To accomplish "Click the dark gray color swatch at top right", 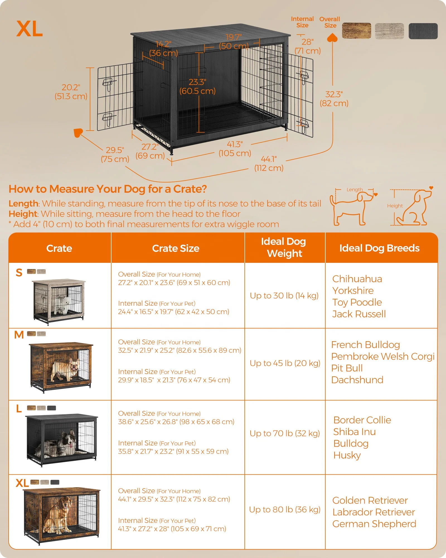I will tap(423, 31).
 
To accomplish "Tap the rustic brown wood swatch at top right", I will tap(356, 31).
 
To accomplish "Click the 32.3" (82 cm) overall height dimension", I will tap(334, 99).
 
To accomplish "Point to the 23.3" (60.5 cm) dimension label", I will tap(197, 86).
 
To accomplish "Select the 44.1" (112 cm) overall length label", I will tap(269, 163).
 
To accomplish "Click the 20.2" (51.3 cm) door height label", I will tap(71, 92).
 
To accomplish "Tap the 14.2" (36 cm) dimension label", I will tap(163, 49).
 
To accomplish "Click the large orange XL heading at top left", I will tap(30, 29).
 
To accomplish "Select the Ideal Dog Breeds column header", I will tap(379, 248).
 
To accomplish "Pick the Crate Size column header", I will tap(176, 248).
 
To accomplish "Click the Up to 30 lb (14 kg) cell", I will tap(284, 296).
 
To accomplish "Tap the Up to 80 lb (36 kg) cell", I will tap(285, 509).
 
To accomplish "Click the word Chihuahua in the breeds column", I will tap(357, 279).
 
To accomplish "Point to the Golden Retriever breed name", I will tap(370, 501).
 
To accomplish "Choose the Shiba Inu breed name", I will tap(354, 432).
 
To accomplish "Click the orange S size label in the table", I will tap(19, 273).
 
